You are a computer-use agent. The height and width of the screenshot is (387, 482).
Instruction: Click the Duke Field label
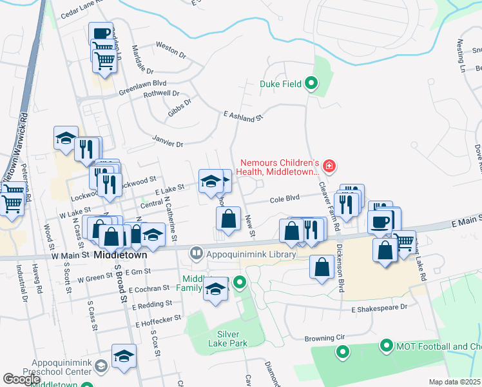pos(281,83)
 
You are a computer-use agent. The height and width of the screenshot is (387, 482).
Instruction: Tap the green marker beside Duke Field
pos(311,83)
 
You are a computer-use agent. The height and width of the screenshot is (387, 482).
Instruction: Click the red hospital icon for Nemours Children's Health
pos(329,167)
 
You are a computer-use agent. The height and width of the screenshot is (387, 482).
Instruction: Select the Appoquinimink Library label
pos(251,255)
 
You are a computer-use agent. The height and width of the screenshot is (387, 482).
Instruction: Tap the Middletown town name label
pos(120,255)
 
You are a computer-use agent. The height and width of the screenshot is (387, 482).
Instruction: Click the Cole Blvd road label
pos(285,200)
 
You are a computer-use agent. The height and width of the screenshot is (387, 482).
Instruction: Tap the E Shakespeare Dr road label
pos(380,308)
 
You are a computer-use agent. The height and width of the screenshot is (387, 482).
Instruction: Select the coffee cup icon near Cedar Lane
pos(101,34)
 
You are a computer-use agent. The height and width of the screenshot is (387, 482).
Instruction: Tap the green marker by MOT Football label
pos(386,346)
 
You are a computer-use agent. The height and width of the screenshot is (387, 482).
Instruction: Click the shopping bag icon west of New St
pos(229,219)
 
